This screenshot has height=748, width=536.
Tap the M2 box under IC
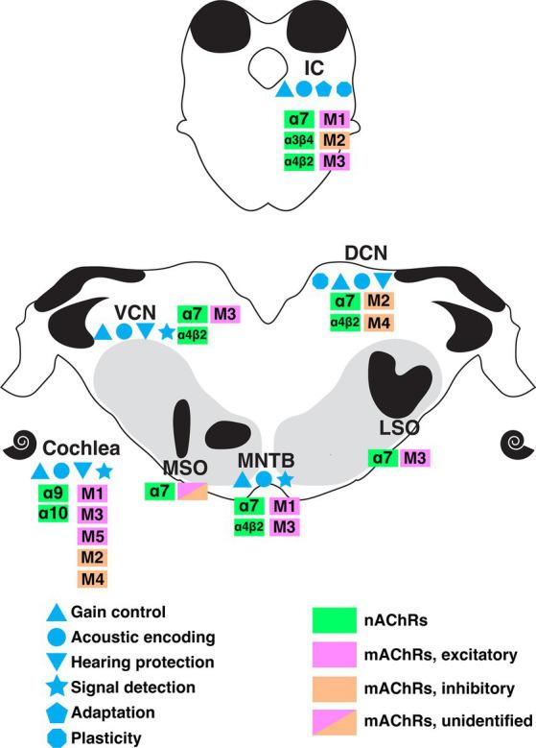click(334, 141)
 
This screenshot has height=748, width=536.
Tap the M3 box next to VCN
click(225, 314)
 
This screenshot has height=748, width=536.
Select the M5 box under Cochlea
click(92, 535)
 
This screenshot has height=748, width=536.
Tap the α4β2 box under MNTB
click(249, 526)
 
